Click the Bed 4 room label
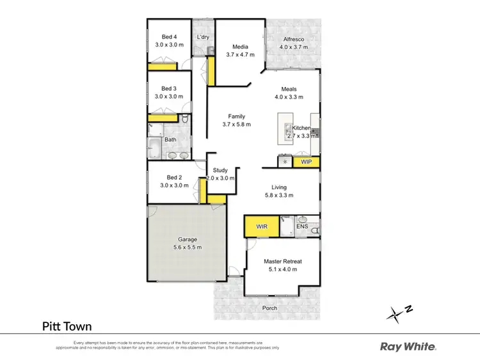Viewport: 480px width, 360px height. [169, 36]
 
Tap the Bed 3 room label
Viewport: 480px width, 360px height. [169, 88]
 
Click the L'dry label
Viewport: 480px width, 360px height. [203, 37]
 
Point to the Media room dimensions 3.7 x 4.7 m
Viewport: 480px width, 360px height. [240, 55]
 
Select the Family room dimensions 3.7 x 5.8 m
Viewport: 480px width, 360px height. [237, 125]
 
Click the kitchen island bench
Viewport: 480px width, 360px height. [282, 128]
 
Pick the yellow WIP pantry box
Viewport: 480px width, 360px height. [306, 162]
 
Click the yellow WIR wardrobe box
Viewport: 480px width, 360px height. [262, 226]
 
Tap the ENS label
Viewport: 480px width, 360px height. [302, 226]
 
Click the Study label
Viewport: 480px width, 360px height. [220, 170]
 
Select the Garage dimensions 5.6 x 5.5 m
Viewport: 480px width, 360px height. [188, 247]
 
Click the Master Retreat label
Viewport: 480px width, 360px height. [283, 261]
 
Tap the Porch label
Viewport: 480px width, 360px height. [270, 308]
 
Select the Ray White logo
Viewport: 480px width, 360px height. [408, 347]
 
